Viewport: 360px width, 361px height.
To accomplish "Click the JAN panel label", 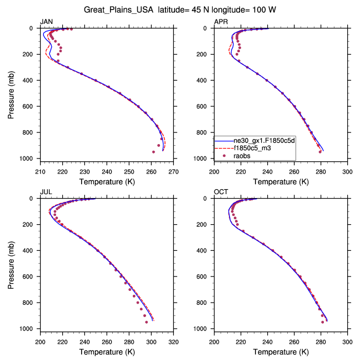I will tap(46, 22).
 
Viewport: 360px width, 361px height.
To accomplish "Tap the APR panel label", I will tap(221, 22).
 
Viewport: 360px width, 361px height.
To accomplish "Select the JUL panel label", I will tap(46, 192).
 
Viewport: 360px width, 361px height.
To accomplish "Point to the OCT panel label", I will tap(221, 192).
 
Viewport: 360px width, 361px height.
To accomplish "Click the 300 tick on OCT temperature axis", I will tap(347, 342).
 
